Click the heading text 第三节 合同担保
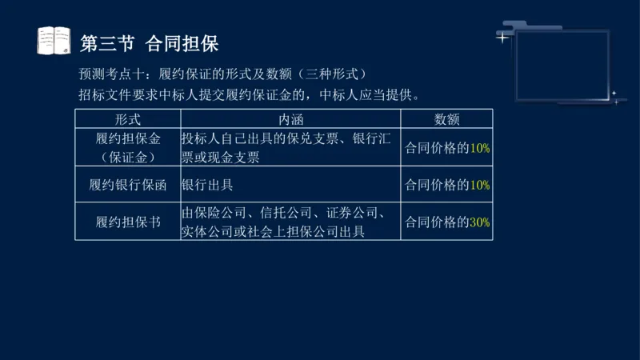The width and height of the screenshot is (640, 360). tap(150, 42)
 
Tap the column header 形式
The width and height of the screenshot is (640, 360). tap(128, 118)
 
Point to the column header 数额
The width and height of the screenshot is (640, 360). tap(446, 118)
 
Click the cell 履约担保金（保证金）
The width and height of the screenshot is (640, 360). tap(128, 147)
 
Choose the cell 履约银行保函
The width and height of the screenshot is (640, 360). tap(128, 185)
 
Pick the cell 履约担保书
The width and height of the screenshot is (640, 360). tap(128, 222)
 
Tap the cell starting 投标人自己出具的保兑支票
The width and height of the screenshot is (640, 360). tap(286, 147)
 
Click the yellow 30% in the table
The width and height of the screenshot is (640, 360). tap(480, 222)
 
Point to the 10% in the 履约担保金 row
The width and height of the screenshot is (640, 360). tap(480, 148)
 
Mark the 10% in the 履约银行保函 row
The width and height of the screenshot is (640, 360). tap(480, 185)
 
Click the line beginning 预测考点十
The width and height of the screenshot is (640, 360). tap(216, 75)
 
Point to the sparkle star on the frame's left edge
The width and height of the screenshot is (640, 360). tap(502, 37)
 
